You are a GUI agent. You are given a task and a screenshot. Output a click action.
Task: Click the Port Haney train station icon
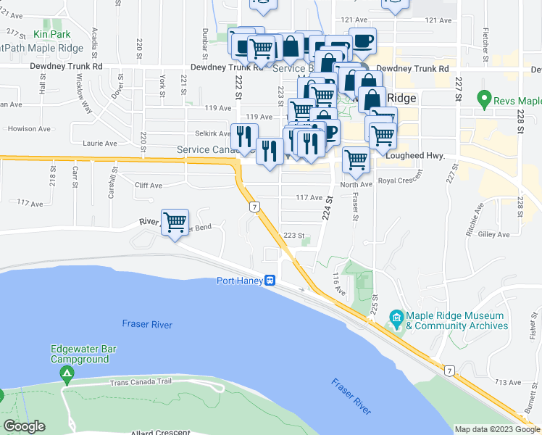coord(269,281)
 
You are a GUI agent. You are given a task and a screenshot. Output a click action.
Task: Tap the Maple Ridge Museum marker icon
coord(396,318)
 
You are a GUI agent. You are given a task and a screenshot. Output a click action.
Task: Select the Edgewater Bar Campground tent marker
coord(67,374)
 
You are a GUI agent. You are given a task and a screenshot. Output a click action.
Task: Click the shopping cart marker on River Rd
coord(175,222)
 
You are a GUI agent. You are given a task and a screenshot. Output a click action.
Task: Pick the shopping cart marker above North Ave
coord(355,159)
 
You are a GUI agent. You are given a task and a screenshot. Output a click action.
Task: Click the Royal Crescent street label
coord(401,180)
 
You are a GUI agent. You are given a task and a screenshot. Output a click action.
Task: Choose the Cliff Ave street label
coord(149,185)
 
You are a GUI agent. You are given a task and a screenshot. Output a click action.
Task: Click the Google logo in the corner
coord(24,426)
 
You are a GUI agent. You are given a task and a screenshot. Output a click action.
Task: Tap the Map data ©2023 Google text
coord(497,429)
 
